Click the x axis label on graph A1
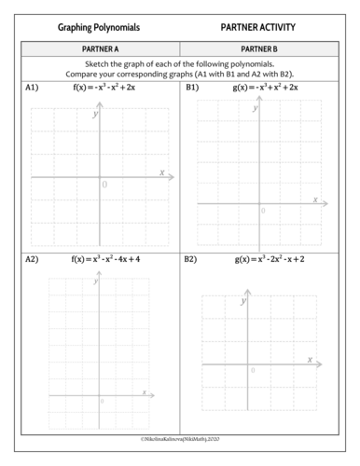click(x=161, y=172)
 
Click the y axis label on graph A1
click(x=95, y=115)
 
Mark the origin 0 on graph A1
click(x=104, y=185)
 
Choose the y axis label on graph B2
click(x=244, y=303)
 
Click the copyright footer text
click(x=179, y=437)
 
